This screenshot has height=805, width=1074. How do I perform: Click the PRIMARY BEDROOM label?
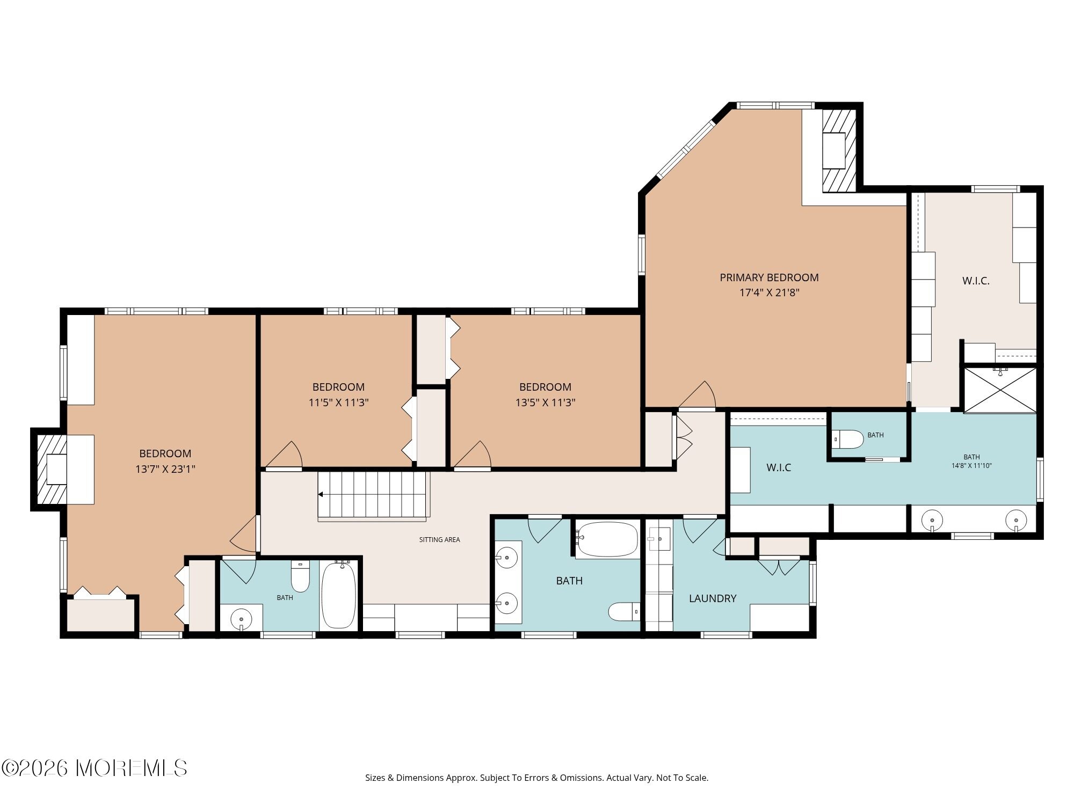(769, 277)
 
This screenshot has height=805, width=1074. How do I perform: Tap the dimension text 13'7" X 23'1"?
(165, 469)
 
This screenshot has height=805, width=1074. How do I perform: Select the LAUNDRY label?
(713, 598)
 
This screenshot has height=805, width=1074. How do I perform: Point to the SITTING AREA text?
(439, 540)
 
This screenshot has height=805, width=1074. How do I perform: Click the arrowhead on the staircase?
(321, 494)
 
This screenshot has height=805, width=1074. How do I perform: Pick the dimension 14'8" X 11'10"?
(971, 466)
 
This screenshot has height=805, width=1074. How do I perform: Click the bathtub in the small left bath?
(338, 595)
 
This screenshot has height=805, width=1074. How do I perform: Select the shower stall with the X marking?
(1000, 390)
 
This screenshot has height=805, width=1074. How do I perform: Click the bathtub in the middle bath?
(607, 539)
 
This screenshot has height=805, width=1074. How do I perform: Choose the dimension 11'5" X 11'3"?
(338, 402)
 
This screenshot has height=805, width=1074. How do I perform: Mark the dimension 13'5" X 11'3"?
(545, 402)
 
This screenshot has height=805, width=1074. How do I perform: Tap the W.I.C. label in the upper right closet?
(976, 281)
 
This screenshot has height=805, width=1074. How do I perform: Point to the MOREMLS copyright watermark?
(95, 768)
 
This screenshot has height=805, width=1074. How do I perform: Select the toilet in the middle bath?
(624, 611)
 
